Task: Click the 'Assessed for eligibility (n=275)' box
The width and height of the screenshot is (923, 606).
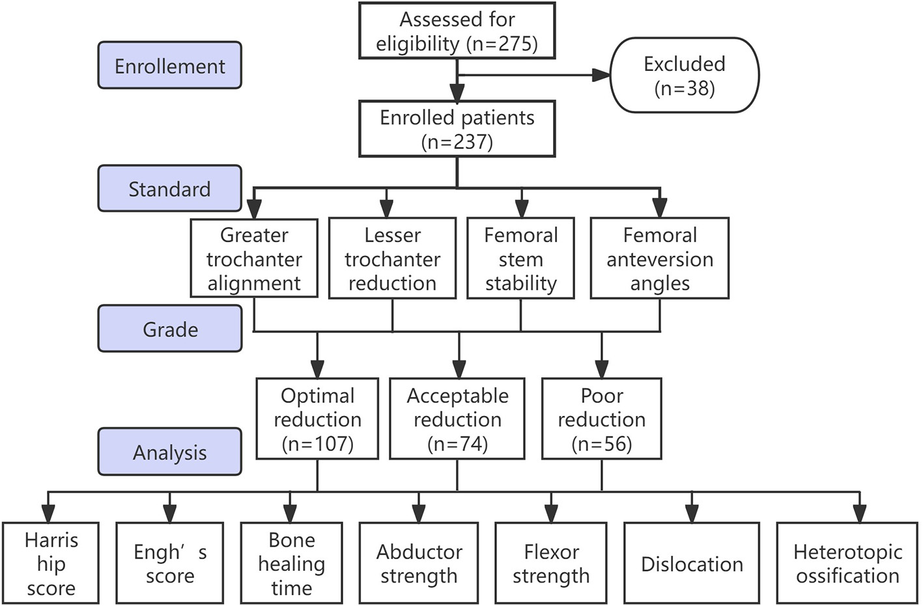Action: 457,31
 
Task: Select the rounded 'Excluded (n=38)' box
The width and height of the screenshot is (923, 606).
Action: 684,76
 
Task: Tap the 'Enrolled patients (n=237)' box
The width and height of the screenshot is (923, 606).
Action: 457,129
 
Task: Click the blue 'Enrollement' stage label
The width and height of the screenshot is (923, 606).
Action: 169,66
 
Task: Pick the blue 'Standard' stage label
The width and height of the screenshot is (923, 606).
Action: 169,189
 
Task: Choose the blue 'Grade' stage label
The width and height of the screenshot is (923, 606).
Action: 169,329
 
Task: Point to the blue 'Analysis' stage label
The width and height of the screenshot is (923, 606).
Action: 169,452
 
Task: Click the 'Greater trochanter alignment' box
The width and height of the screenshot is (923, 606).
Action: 254,258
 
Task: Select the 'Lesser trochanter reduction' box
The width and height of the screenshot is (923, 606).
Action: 392,258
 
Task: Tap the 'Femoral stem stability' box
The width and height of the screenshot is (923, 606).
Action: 520,258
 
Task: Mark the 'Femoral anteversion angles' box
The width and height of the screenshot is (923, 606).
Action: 659,258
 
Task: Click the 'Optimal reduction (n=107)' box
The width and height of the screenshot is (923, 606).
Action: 317,419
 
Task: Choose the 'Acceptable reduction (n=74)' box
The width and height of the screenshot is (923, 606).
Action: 457,419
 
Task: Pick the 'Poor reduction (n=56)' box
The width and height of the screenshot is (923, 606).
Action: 601,419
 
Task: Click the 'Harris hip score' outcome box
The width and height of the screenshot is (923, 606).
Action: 51,564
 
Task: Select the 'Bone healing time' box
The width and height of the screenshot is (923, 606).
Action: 291,564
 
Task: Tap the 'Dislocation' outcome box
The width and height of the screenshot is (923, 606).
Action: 691,564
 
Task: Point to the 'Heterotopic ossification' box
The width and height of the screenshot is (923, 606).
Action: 847,564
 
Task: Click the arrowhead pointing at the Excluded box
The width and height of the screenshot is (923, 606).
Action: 602,76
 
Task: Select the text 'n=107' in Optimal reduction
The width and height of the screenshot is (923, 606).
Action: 318,444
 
